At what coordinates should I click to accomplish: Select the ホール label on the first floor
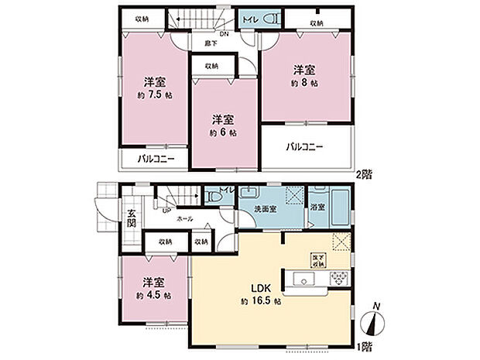(x=185, y=220)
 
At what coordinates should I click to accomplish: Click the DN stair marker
(x=224, y=34)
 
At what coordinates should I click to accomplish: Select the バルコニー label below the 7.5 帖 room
(x=156, y=159)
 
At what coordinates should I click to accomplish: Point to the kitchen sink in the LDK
(x=302, y=279)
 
